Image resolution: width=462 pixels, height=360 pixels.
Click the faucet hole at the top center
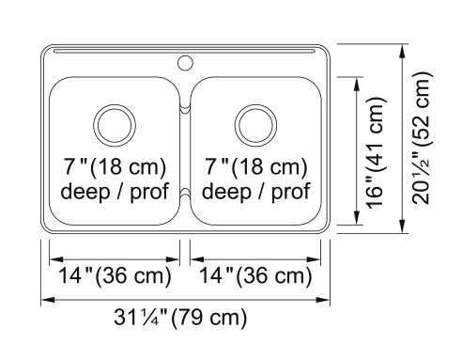(x=185, y=63)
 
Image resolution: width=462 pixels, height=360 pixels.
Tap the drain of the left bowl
(x=115, y=125)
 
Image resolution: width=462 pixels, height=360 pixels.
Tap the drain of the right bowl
(x=255, y=125)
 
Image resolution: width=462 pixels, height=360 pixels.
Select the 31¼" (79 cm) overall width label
(x=180, y=318)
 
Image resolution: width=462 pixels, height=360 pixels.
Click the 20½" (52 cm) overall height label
(x=422, y=138)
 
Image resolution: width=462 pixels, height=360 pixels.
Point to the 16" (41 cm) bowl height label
(x=376, y=152)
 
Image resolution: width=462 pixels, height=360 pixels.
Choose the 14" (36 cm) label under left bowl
(x=115, y=276)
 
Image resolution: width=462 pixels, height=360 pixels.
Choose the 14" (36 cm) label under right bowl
(x=255, y=276)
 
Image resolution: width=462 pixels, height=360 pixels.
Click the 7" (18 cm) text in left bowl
(x=115, y=166)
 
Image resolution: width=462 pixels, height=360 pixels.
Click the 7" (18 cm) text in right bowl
(x=256, y=166)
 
